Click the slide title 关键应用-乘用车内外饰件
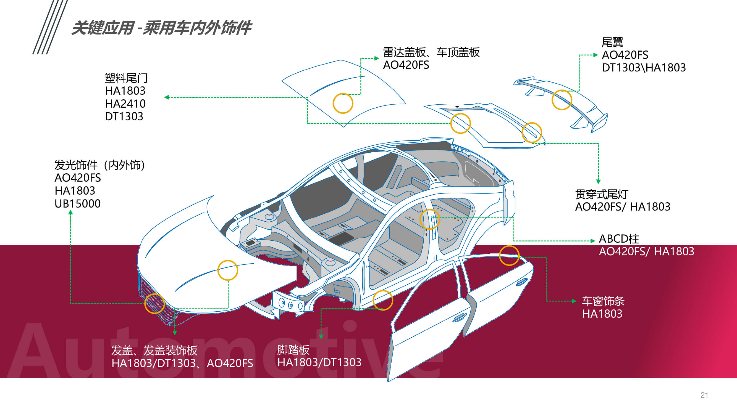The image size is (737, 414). (161, 28)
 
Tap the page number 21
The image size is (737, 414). (704, 395)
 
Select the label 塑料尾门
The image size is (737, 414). (126, 78)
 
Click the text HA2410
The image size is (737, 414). (125, 104)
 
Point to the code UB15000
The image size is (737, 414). (78, 203)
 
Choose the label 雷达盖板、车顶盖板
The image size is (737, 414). (431, 52)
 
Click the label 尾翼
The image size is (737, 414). (612, 42)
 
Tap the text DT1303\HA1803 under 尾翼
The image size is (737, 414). (644, 68)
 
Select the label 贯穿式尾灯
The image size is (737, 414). (601, 194)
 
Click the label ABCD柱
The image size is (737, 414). (619, 238)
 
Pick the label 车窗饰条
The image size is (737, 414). (603, 301)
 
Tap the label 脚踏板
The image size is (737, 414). (293, 350)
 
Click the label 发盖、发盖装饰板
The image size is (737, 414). (154, 350)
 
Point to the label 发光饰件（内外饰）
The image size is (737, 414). (99, 165)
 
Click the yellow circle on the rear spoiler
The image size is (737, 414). (562, 100)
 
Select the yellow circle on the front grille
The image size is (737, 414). (154, 303)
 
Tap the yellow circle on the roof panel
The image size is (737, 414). (343, 103)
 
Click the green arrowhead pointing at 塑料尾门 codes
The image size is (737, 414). (167, 97)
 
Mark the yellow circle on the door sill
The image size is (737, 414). (383, 300)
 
